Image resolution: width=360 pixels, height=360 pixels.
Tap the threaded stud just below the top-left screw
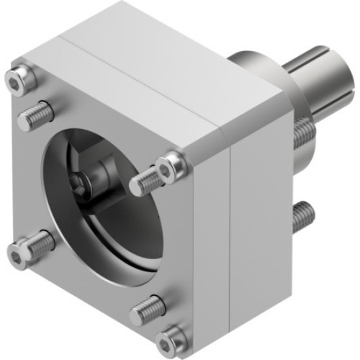[x=35, y=114]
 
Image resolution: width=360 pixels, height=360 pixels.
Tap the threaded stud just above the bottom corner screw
[x=148, y=310]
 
